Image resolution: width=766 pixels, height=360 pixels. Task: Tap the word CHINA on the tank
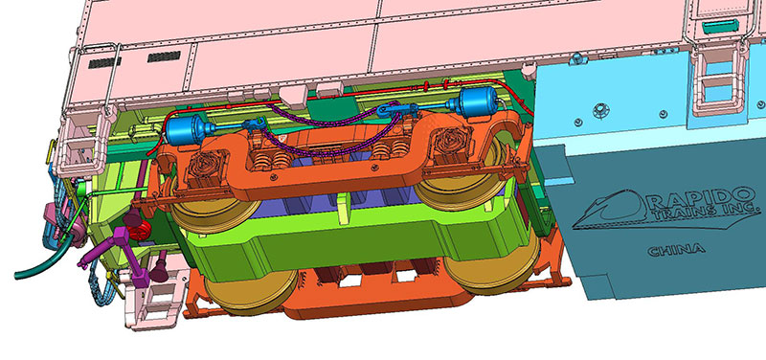676,250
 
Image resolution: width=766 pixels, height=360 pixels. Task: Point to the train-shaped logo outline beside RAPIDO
610,210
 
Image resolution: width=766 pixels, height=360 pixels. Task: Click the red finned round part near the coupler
141,230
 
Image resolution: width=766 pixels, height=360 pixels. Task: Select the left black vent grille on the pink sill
104,62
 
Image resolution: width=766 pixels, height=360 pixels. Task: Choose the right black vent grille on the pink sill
164,56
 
